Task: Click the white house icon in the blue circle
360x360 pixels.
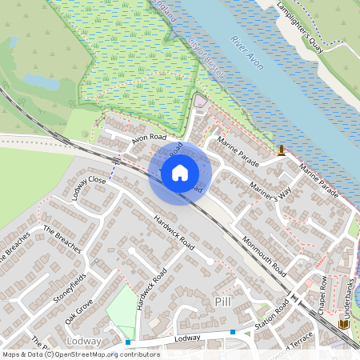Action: pyautogui.click(x=180, y=173)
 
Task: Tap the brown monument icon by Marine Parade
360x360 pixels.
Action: pyautogui.click(x=282, y=150)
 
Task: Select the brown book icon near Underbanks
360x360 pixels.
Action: pyautogui.click(x=344, y=324)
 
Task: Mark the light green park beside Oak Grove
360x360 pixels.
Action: pyautogui.click(x=122, y=308)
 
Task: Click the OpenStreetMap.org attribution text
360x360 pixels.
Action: pyautogui.click(x=99, y=354)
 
